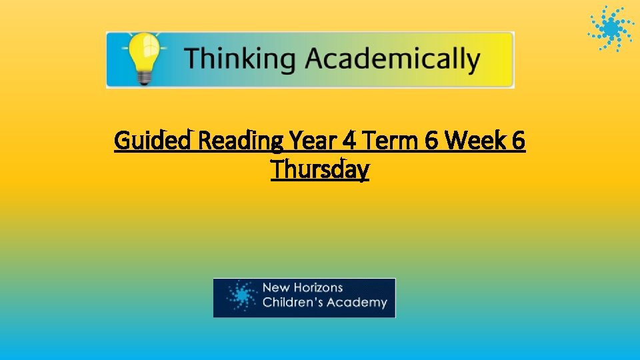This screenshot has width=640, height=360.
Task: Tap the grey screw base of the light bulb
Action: click(x=141, y=77)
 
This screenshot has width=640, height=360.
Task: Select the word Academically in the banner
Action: click(x=393, y=59)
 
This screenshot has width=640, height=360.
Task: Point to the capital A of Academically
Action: click(x=319, y=59)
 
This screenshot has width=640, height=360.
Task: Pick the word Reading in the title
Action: click(x=243, y=141)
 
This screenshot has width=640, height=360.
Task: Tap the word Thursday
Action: click(x=320, y=170)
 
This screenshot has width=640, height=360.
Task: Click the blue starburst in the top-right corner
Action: click(x=611, y=29)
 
